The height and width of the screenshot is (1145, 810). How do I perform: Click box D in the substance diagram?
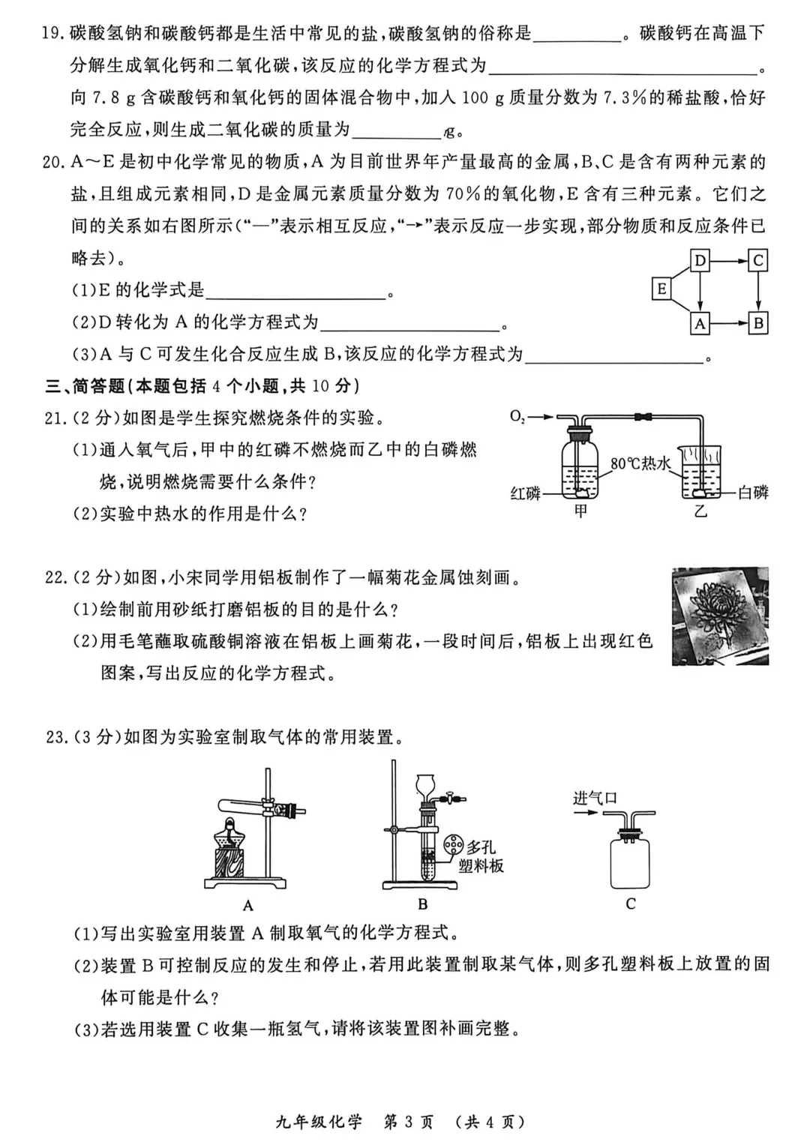pyautogui.click(x=700, y=260)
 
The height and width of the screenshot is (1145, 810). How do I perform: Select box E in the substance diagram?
pyautogui.click(x=661, y=289)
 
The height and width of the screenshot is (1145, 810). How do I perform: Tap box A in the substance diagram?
pyautogui.click(x=700, y=323)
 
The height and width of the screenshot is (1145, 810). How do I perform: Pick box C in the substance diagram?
pyautogui.click(x=758, y=260)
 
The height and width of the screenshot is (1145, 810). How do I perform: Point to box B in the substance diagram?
pyautogui.click(x=758, y=323)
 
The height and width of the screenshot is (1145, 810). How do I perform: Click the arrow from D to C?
pyautogui.click(x=729, y=260)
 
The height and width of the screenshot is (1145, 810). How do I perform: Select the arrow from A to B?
pyautogui.click(x=729, y=323)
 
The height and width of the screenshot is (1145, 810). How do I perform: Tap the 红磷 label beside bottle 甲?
pyautogui.click(x=525, y=493)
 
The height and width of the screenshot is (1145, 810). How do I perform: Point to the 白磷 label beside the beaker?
pyautogui.click(x=753, y=492)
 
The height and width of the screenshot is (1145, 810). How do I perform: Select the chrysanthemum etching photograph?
pyautogui.click(x=720, y=616)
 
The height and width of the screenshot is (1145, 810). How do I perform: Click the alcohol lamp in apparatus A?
pyautogui.click(x=230, y=847)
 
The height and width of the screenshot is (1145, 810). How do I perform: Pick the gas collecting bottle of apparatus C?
pyautogui.click(x=630, y=862)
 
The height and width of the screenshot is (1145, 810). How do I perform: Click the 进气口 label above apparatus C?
pyautogui.click(x=595, y=798)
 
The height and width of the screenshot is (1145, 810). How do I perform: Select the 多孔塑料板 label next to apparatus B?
pyautogui.click(x=481, y=856)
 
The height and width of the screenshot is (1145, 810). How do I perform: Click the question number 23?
pyautogui.click(x=55, y=737)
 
